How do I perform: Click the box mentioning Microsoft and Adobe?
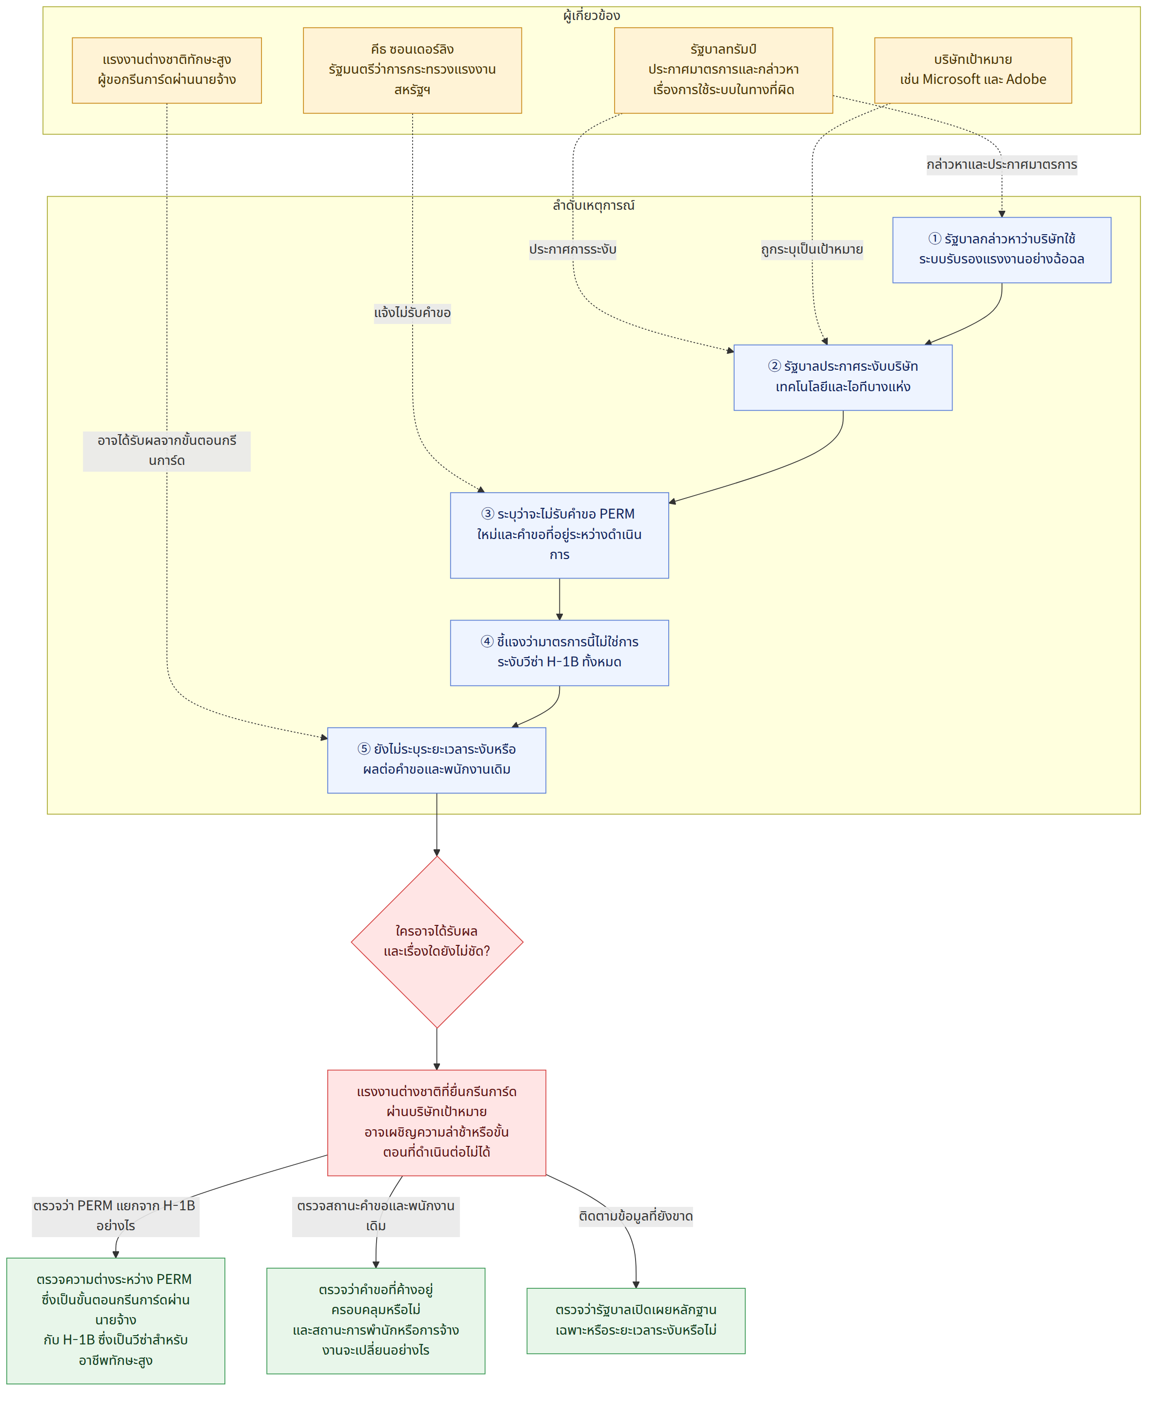coord(973,70)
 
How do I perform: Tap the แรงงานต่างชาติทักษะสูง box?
coord(166,70)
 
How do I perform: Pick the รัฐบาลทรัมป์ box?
coord(723,70)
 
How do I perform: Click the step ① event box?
coord(1001,249)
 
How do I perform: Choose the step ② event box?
coord(843,377)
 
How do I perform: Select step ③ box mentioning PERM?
coord(559,535)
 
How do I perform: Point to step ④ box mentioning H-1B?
coord(559,653)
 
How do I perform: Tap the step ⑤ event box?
coord(437,760)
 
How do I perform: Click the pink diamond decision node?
coord(437,941)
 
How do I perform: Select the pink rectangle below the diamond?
coord(437,1122)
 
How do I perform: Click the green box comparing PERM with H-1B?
coord(116,1321)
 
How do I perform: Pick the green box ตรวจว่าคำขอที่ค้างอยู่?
coord(376,1321)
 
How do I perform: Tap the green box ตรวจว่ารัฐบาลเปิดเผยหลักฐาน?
coord(636,1321)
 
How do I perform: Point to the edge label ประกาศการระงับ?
coord(573,249)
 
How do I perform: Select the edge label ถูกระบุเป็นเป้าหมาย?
coord(812,249)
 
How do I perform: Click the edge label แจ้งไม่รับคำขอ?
coord(413,313)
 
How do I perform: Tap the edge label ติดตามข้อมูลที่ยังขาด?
coord(636,1216)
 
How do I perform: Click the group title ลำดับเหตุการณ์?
coord(594,205)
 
